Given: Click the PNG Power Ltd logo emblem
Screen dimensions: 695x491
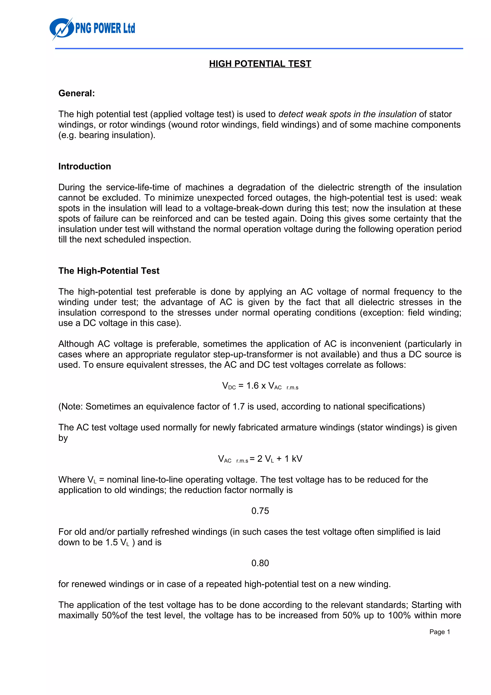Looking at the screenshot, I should (x=61, y=29).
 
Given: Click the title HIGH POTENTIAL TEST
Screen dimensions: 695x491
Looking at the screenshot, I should (x=260, y=64).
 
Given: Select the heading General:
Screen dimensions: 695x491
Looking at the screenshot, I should (x=76, y=93).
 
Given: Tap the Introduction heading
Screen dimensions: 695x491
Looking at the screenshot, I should (x=84, y=166).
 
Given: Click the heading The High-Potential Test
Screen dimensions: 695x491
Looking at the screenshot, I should (x=109, y=271).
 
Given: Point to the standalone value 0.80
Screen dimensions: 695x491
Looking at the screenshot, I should (x=260, y=563).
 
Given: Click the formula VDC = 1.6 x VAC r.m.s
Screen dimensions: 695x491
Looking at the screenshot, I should (x=260, y=386).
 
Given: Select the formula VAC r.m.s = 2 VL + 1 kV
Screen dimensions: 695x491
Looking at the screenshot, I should (x=260, y=459).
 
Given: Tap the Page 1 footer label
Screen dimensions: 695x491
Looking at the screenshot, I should (x=439, y=632).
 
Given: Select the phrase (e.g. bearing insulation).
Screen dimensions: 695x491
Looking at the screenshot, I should (x=107, y=135).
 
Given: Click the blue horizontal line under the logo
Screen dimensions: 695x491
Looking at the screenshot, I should (x=259, y=48).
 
